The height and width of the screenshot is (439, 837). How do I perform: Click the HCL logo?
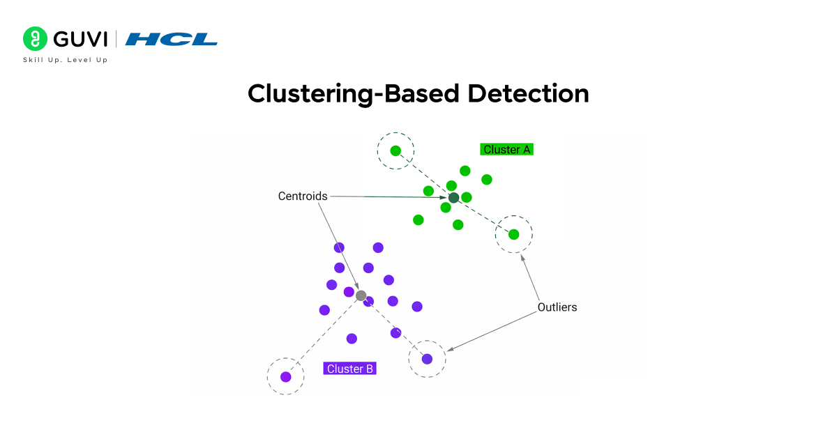tap(172, 39)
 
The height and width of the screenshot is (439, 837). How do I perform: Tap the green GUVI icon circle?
tap(35, 39)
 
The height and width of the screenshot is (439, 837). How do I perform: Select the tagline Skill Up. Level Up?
tap(66, 60)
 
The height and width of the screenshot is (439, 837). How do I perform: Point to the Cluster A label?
tap(506, 149)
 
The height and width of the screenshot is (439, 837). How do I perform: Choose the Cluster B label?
tap(349, 369)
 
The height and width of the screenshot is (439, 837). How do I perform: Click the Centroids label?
tap(303, 197)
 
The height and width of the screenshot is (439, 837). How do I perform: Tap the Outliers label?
tap(557, 307)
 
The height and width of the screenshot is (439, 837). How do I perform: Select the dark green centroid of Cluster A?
tap(453, 198)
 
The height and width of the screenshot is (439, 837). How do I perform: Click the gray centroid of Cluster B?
tap(361, 296)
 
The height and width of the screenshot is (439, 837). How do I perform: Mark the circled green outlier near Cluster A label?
tap(395, 151)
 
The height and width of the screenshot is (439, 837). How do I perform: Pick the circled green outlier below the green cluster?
tap(513, 234)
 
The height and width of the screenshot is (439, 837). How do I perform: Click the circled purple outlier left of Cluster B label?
tap(285, 377)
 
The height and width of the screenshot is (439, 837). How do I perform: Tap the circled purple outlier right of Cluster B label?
tap(427, 360)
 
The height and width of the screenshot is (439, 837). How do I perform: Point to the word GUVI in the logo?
tap(78, 39)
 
